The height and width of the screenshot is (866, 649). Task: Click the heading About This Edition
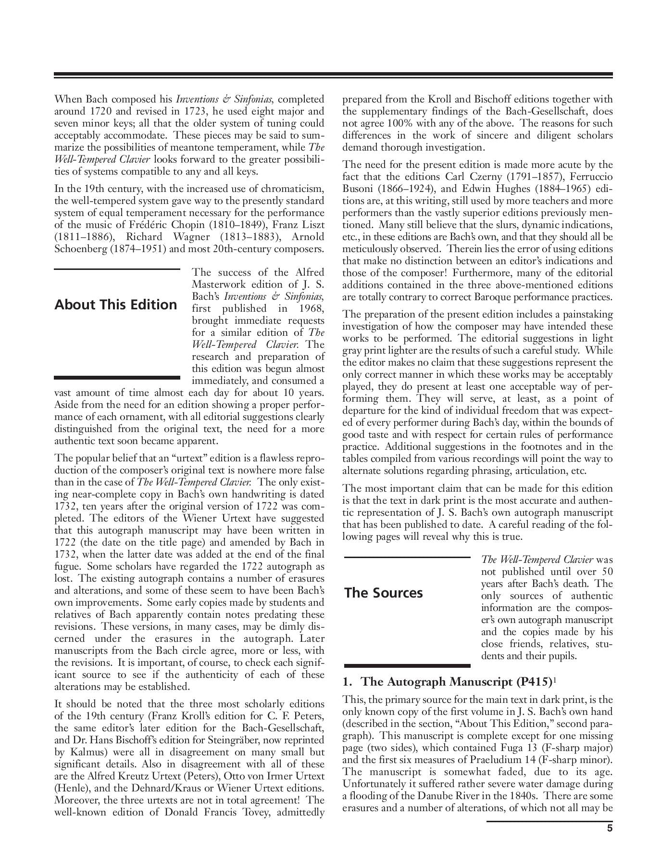pos(115,305)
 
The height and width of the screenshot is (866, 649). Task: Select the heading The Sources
pos(383,593)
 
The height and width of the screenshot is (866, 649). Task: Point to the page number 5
pos(610,828)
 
